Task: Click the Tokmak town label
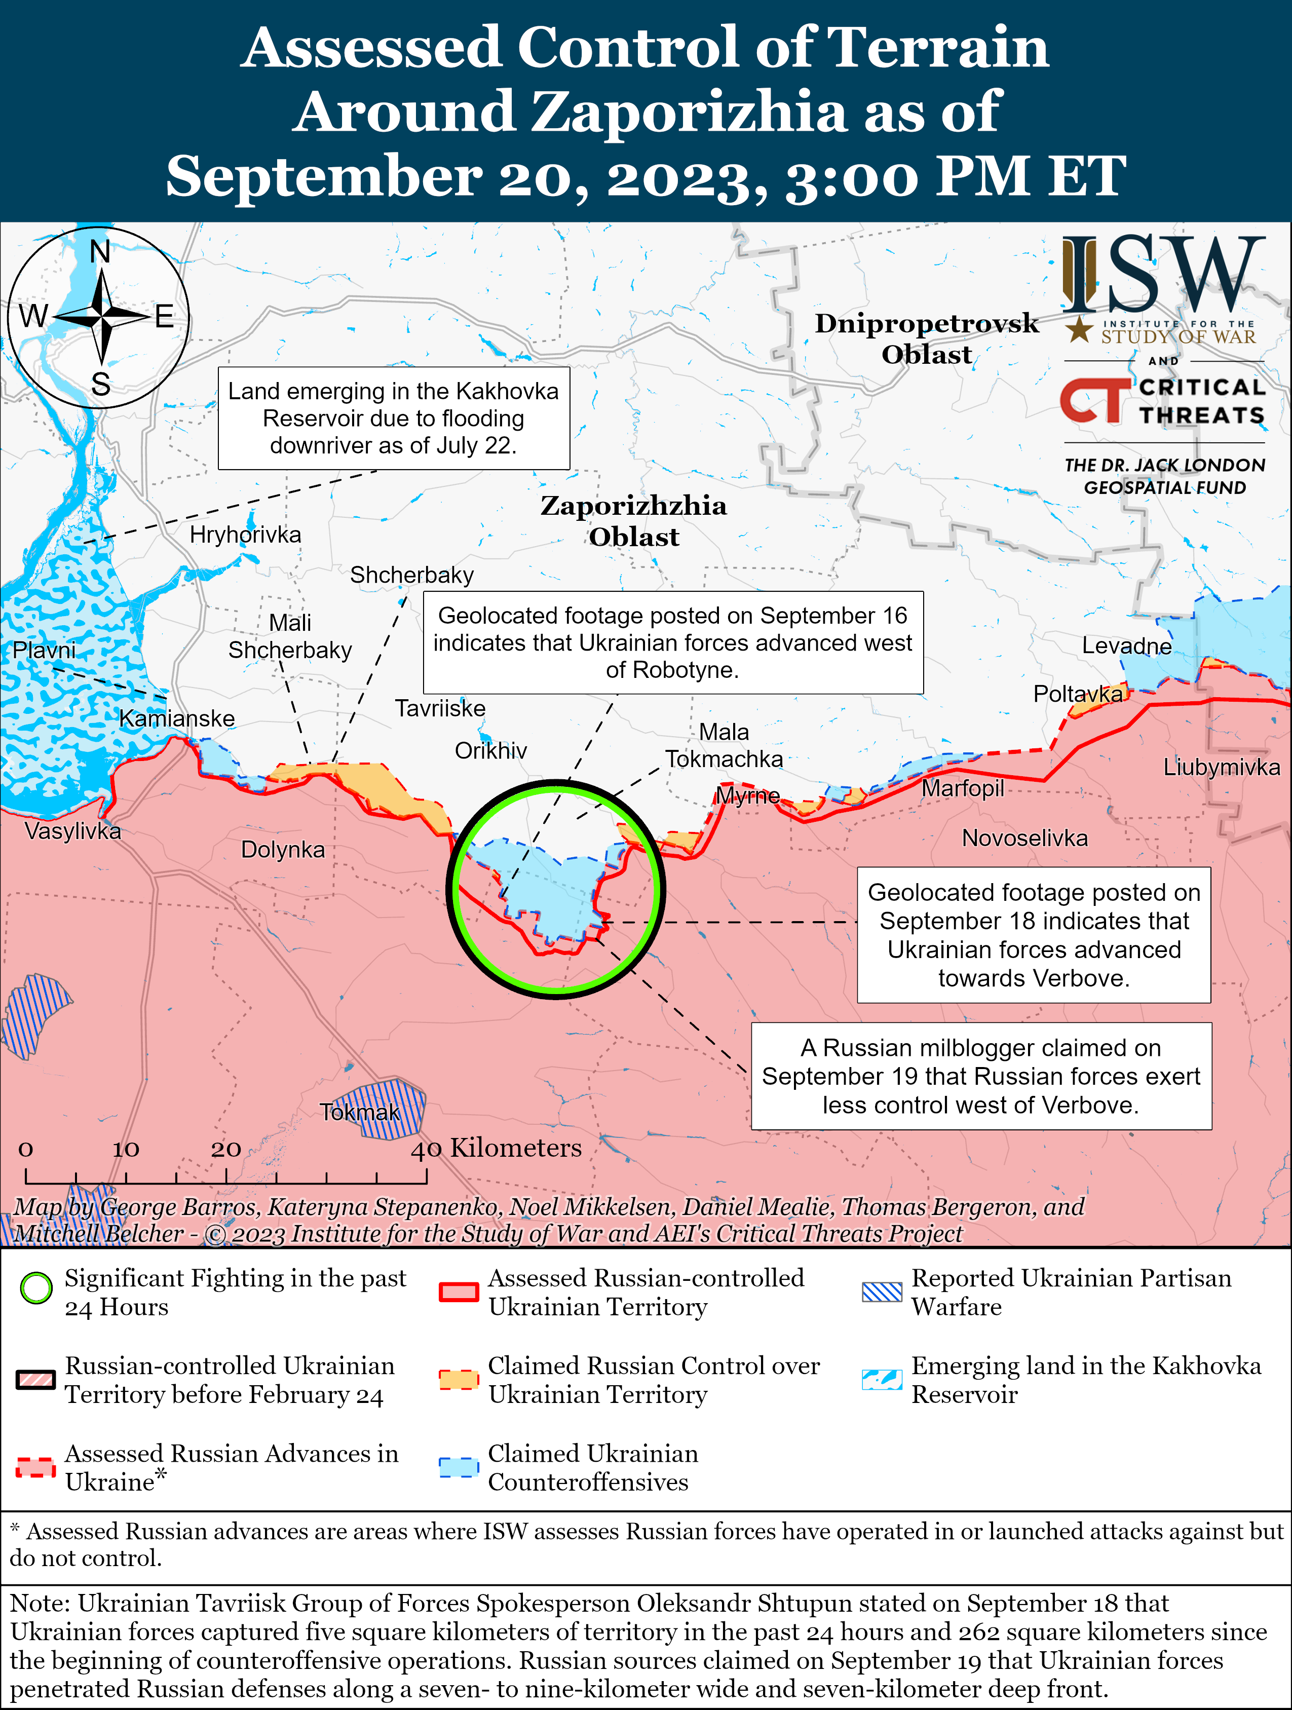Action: [360, 1113]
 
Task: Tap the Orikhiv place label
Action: [490, 751]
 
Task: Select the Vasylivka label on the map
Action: [72, 831]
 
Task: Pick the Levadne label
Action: [1126, 645]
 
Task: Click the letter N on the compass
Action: [100, 251]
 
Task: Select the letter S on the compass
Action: [100, 384]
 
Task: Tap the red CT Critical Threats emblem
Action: [1093, 400]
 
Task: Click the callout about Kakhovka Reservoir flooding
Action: [394, 418]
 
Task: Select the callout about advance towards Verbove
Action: [1033, 935]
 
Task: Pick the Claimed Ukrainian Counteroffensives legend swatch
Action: [459, 1467]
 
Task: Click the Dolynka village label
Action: [283, 850]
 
